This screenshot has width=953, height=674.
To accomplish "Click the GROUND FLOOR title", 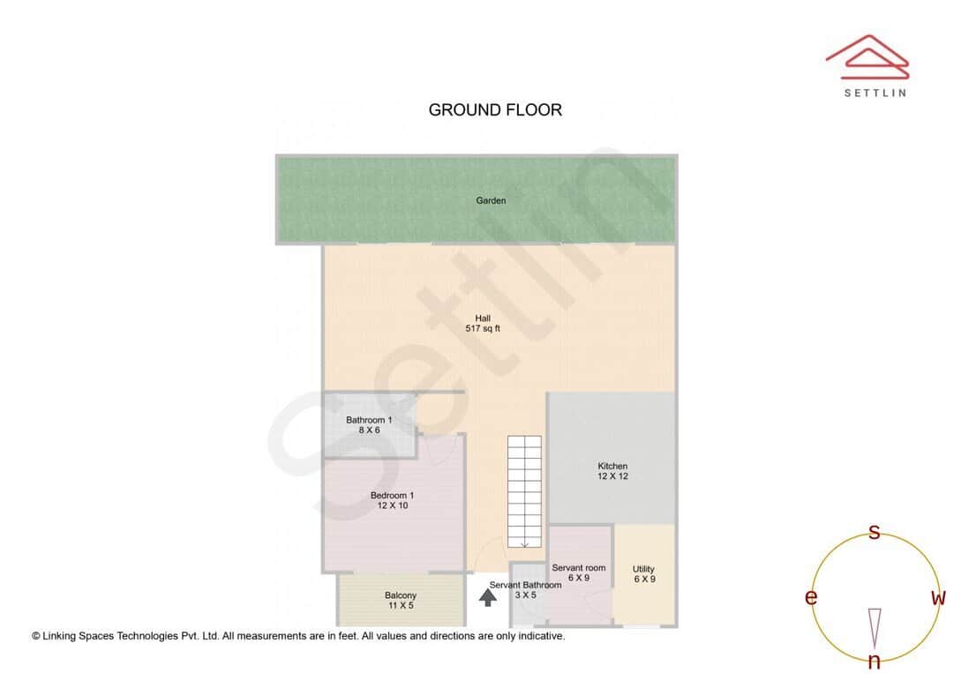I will (x=495, y=110).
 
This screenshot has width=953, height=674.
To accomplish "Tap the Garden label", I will (x=491, y=201).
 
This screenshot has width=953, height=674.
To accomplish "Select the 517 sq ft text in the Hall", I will (x=483, y=329).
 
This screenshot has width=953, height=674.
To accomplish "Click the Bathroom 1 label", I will (x=369, y=420).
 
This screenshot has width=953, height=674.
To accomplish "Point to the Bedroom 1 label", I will (x=392, y=496).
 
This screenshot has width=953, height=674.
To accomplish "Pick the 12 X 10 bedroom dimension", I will (x=392, y=506).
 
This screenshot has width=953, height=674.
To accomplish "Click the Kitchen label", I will (x=612, y=466).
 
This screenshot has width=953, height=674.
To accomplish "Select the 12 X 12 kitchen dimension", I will (x=612, y=476).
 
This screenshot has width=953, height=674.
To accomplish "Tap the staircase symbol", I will (x=523, y=491).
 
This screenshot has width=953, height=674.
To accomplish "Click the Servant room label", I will (x=579, y=568).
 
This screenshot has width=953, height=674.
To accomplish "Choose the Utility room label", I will (x=643, y=569).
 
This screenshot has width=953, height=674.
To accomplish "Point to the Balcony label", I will (x=401, y=595).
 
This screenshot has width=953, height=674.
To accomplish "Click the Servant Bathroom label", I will (x=525, y=585).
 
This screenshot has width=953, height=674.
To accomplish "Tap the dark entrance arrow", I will (x=487, y=598).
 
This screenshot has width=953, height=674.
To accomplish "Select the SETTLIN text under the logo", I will (x=874, y=93).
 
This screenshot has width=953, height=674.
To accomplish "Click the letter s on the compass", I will (x=874, y=532).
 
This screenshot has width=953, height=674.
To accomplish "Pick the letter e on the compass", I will (x=810, y=598).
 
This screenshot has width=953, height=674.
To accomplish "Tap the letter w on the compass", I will (x=938, y=598).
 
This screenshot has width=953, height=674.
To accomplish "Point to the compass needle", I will (x=874, y=626).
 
